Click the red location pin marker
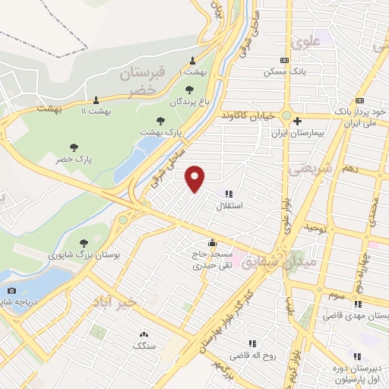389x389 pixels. pyautogui.click(x=196, y=178)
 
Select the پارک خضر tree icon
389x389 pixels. pyautogui.click(x=74, y=147)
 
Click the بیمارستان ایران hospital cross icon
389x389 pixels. pyautogui.click(x=298, y=121)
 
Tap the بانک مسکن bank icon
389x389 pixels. pyautogui.click(x=285, y=61)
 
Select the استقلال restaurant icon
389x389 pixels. pyautogui.click(x=229, y=194)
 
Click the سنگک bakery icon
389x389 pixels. pyautogui.click(x=143, y=334)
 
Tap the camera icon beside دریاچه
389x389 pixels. pyautogui.click(x=11, y=291)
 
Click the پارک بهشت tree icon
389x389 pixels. pyautogui.click(x=160, y=120)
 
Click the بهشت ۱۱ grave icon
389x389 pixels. pyautogui.click(x=96, y=100)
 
